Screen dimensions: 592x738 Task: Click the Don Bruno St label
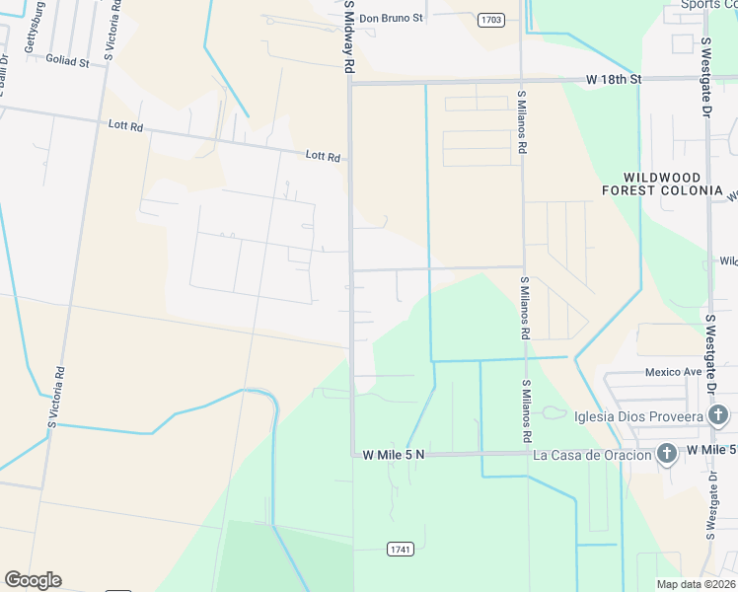(391, 18)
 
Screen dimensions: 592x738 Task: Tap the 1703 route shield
(490, 19)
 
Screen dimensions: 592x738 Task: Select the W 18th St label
(613, 78)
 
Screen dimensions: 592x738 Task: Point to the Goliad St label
(67, 60)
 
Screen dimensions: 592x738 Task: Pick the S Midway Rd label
(349, 37)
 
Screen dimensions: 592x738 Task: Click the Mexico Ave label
(673, 372)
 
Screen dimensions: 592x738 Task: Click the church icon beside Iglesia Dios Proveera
(719, 415)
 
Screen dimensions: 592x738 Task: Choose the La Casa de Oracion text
(592, 455)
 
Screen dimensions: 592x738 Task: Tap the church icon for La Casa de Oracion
(667, 454)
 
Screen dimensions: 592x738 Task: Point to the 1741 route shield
(400, 549)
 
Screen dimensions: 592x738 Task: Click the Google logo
(33, 580)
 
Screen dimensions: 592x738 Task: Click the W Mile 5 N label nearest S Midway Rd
(394, 455)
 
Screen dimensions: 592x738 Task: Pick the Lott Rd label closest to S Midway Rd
(323, 156)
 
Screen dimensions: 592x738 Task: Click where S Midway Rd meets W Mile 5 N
(352, 455)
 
